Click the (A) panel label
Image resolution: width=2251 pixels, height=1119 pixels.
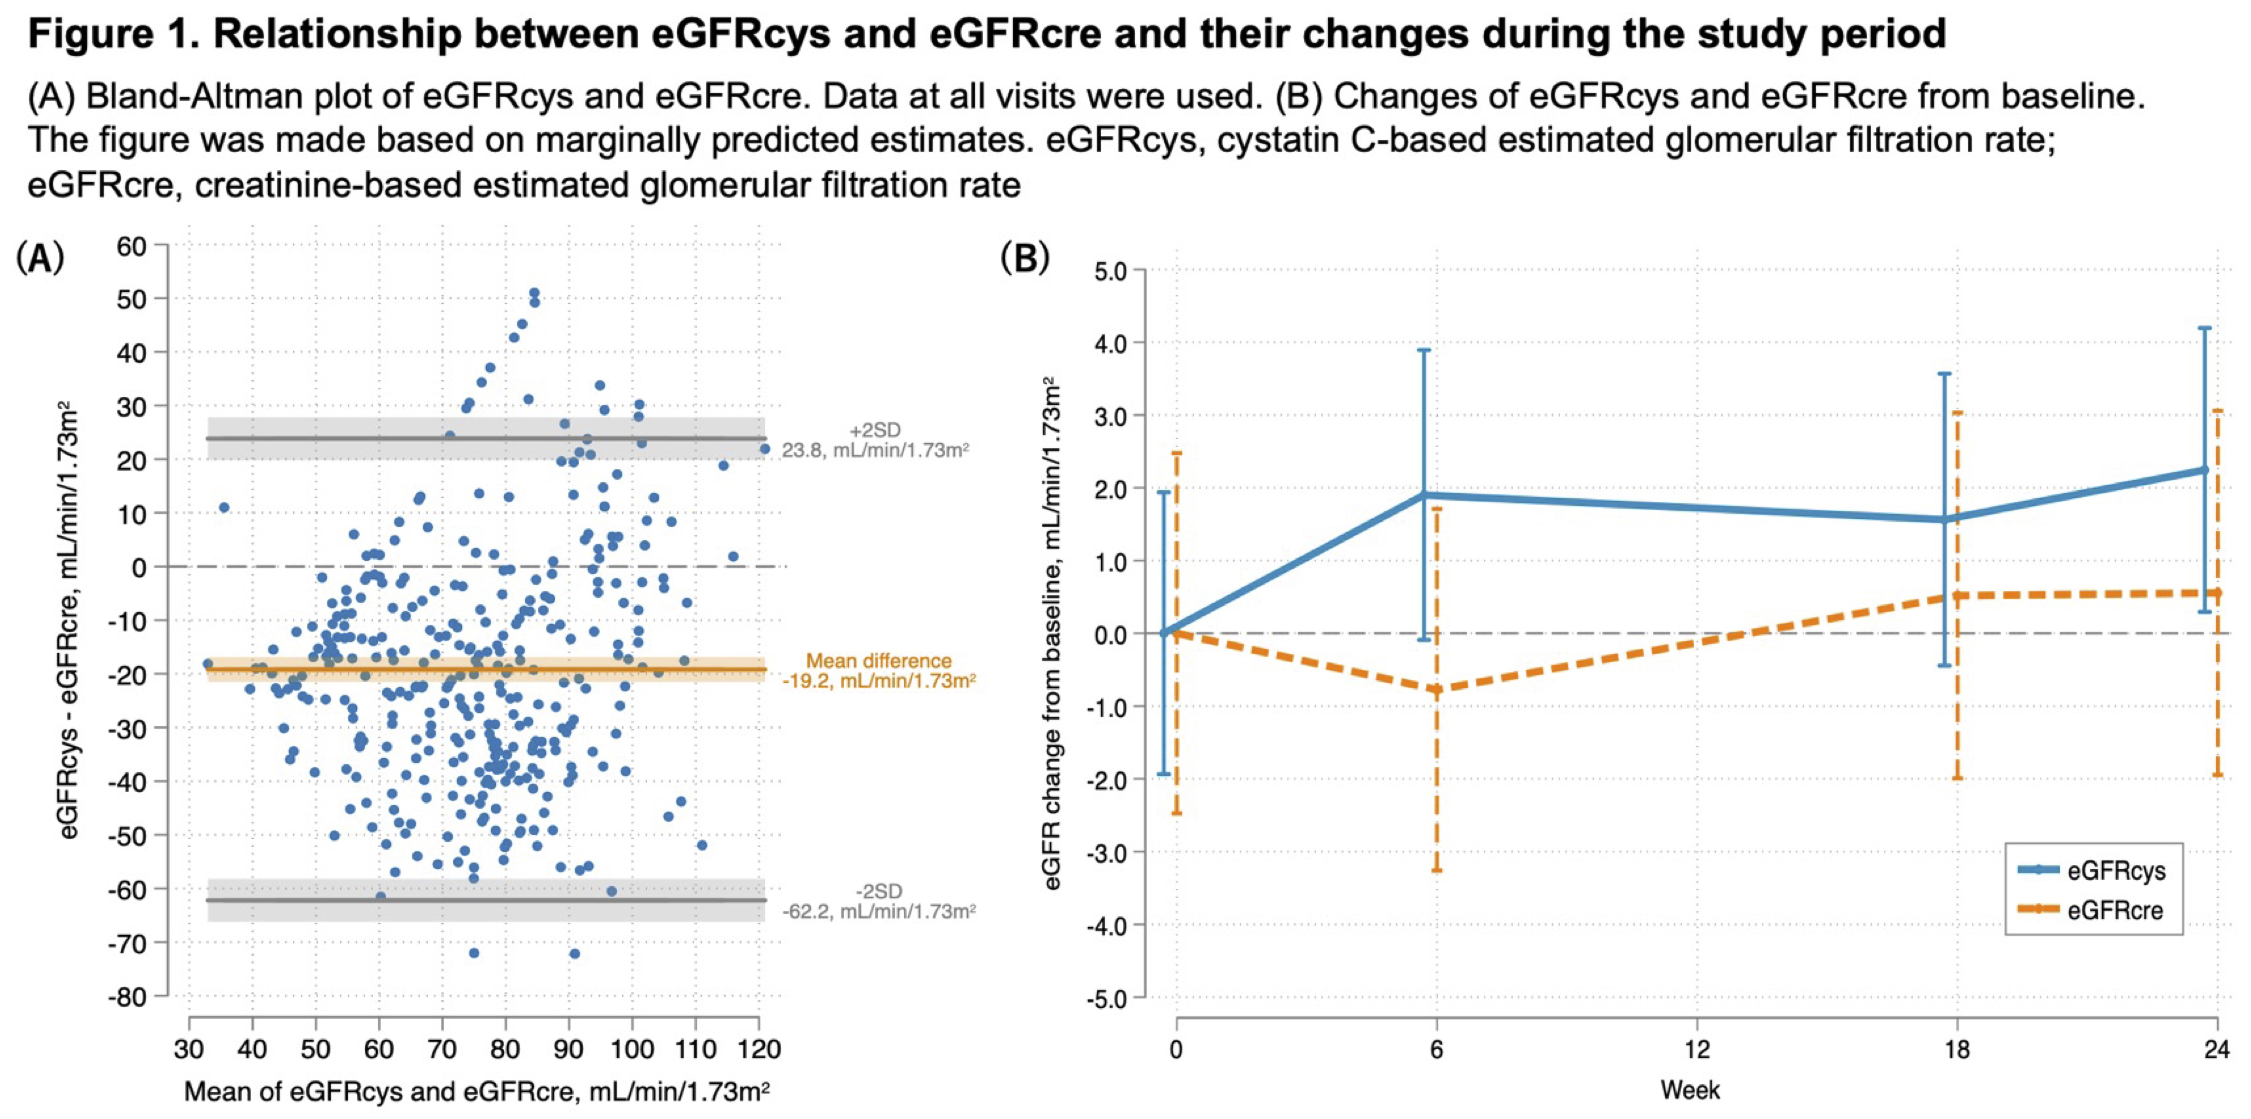(40, 259)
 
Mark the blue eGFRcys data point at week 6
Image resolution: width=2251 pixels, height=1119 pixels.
(1424, 495)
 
